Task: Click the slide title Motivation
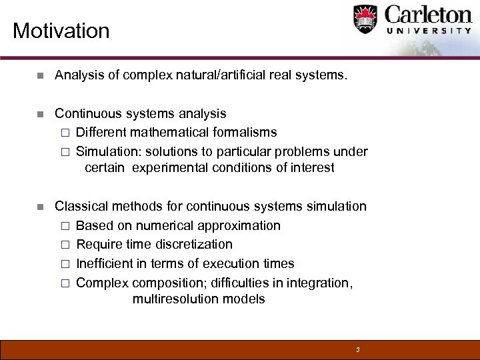(x=61, y=31)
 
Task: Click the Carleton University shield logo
(x=365, y=20)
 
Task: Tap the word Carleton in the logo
(x=428, y=15)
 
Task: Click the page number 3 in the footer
(x=358, y=349)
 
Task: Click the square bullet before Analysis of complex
(x=41, y=76)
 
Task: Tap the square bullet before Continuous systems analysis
(x=41, y=114)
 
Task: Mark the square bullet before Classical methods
(x=41, y=207)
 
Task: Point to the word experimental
(x=170, y=168)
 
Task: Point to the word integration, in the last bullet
(x=319, y=283)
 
